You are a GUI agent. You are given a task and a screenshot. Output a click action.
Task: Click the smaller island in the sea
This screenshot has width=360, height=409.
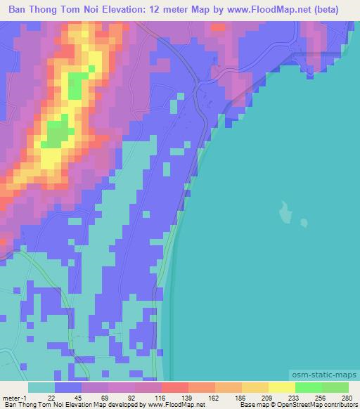click(304, 223)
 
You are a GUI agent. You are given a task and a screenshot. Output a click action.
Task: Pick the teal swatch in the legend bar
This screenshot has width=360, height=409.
click(41, 387)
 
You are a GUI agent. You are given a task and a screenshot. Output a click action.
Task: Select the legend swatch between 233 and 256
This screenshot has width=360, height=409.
click(309, 387)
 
